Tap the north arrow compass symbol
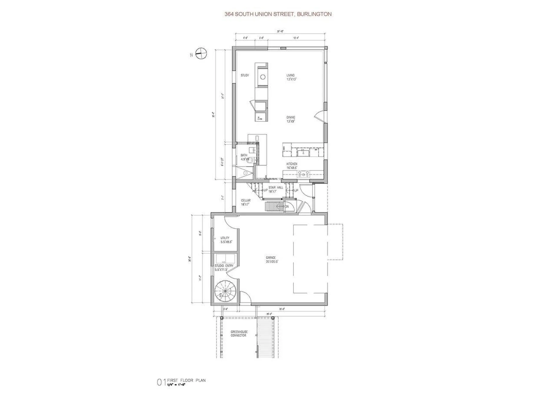click(201, 54)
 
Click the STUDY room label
click(245, 75)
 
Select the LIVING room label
click(290, 75)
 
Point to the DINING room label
click(291, 117)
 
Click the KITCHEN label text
click(292, 164)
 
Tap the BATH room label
click(244, 156)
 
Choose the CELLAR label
click(246, 200)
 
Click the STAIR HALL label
click(276, 188)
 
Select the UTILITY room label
click(225, 238)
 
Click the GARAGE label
click(271, 257)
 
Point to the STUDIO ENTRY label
click(224, 266)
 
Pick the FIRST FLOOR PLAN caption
click(186, 380)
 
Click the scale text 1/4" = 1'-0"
click(176, 385)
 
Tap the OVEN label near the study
click(260, 118)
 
